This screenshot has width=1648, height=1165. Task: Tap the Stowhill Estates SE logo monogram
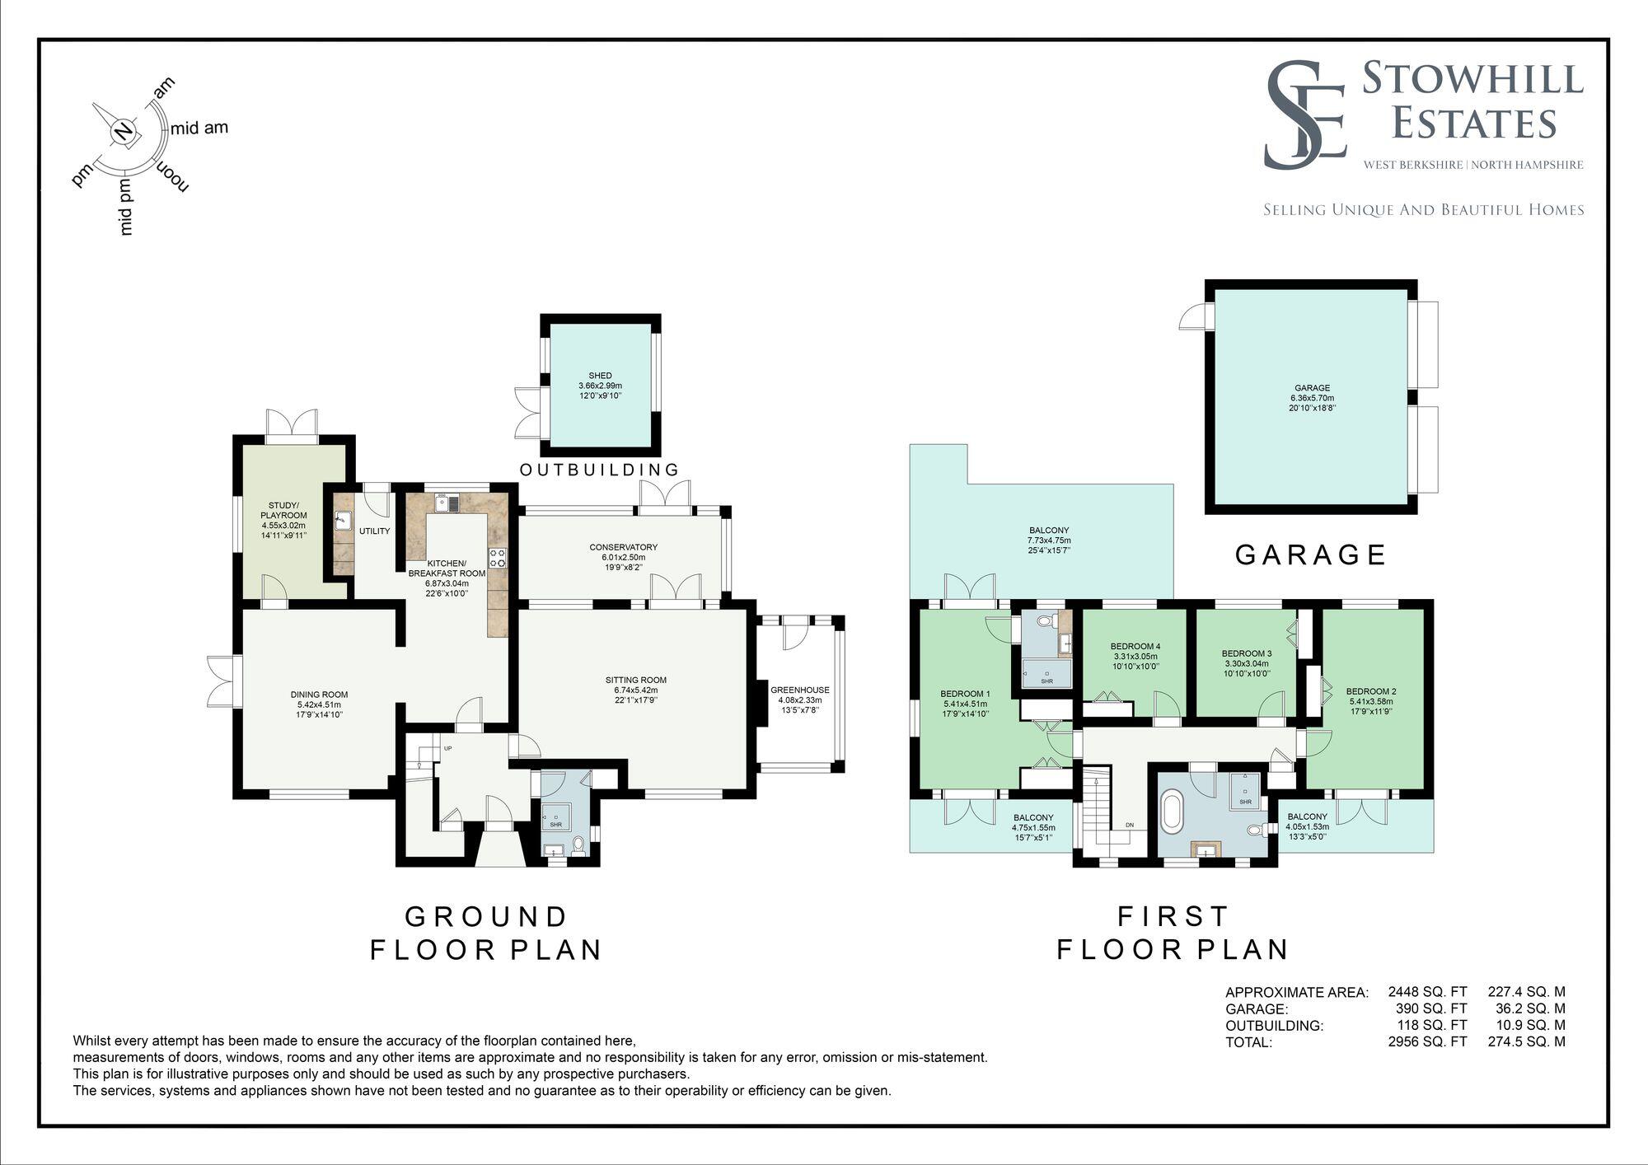click(x=1305, y=115)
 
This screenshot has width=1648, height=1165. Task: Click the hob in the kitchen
click(x=498, y=558)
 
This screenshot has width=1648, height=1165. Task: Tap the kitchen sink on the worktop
click(x=447, y=502)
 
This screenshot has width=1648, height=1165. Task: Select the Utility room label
click(x=374, y=531)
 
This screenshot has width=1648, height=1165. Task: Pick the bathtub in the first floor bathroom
click(x=1172, y=812)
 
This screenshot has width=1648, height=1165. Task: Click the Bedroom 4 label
click(x=1135, y=646)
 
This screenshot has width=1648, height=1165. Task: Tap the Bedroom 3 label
click(x=1245, y=653)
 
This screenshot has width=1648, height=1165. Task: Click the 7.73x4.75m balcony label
click(x=1049, y=540)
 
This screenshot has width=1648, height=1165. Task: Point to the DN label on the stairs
click(x=1130, y=826)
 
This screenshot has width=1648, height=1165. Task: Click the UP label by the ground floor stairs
click(x=448, y=749)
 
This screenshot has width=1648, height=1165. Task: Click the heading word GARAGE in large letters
click(x=1310, y=554)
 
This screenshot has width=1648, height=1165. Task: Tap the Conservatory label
click(x=623, y=547)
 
